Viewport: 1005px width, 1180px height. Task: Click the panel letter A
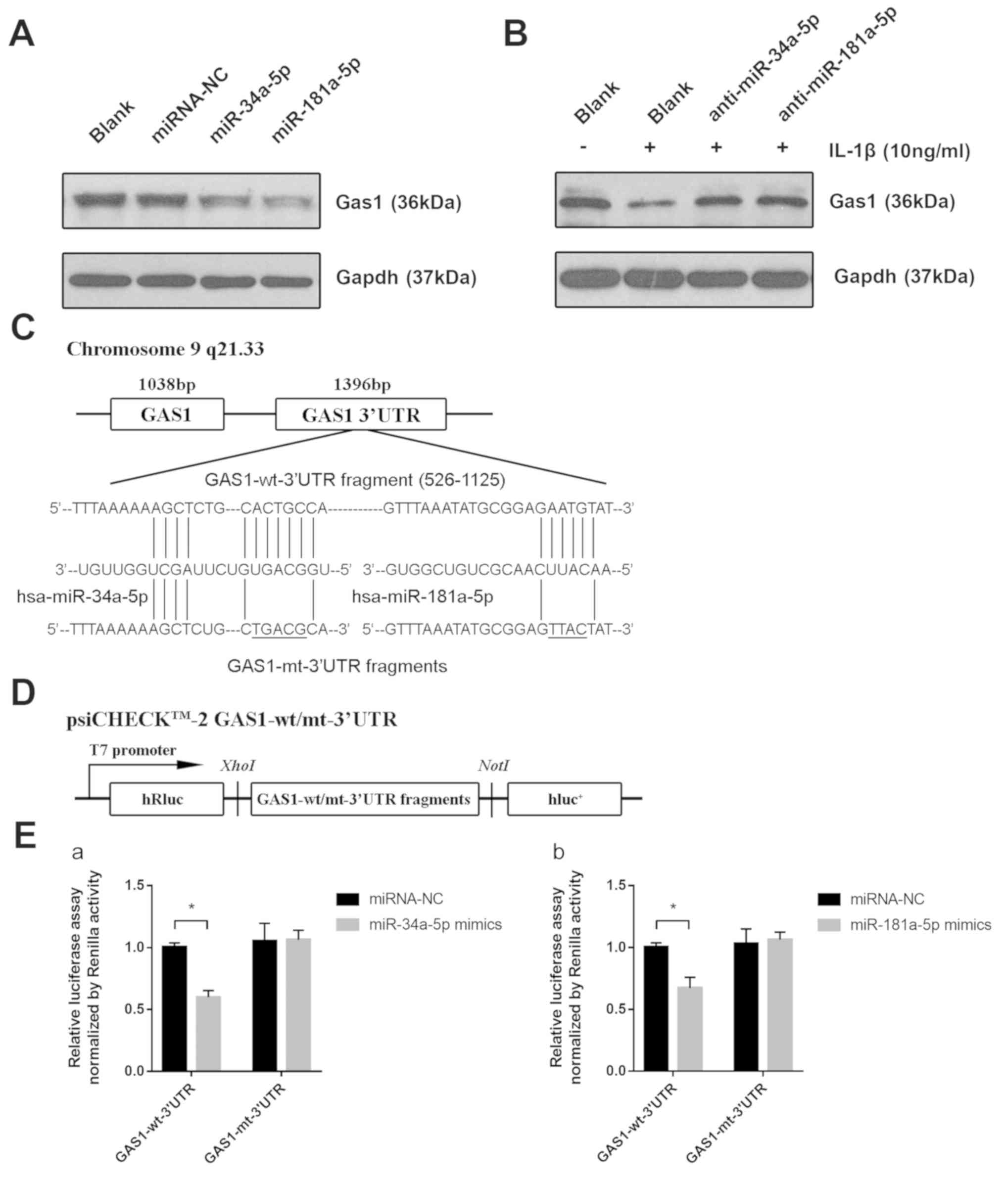(x=22, y=34)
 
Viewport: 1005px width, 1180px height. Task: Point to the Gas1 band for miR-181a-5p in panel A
(x=287, y=202)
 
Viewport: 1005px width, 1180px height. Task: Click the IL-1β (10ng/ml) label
(x=899, y=151)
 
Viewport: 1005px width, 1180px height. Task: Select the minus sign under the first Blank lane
(x=583, y=147)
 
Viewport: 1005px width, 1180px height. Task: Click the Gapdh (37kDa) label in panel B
(x=904, y=277)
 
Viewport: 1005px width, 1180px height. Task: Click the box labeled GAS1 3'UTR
(x=361, y=414)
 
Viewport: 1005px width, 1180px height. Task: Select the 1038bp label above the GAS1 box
(x=167, y=385)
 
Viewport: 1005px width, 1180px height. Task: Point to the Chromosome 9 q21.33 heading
(x=165, y=349)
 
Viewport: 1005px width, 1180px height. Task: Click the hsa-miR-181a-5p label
(x=422, y=597)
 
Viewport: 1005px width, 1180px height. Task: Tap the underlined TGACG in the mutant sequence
(x=279, y=629)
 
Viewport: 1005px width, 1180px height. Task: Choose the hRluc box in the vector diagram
(x=166, y=799)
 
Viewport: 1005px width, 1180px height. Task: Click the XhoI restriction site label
(x=238, y=766)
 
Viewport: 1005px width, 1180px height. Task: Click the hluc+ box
(x=564, y=799)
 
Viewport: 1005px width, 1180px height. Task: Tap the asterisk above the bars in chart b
(x=673, y=907)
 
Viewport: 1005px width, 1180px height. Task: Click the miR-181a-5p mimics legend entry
(x=920, y=925)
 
